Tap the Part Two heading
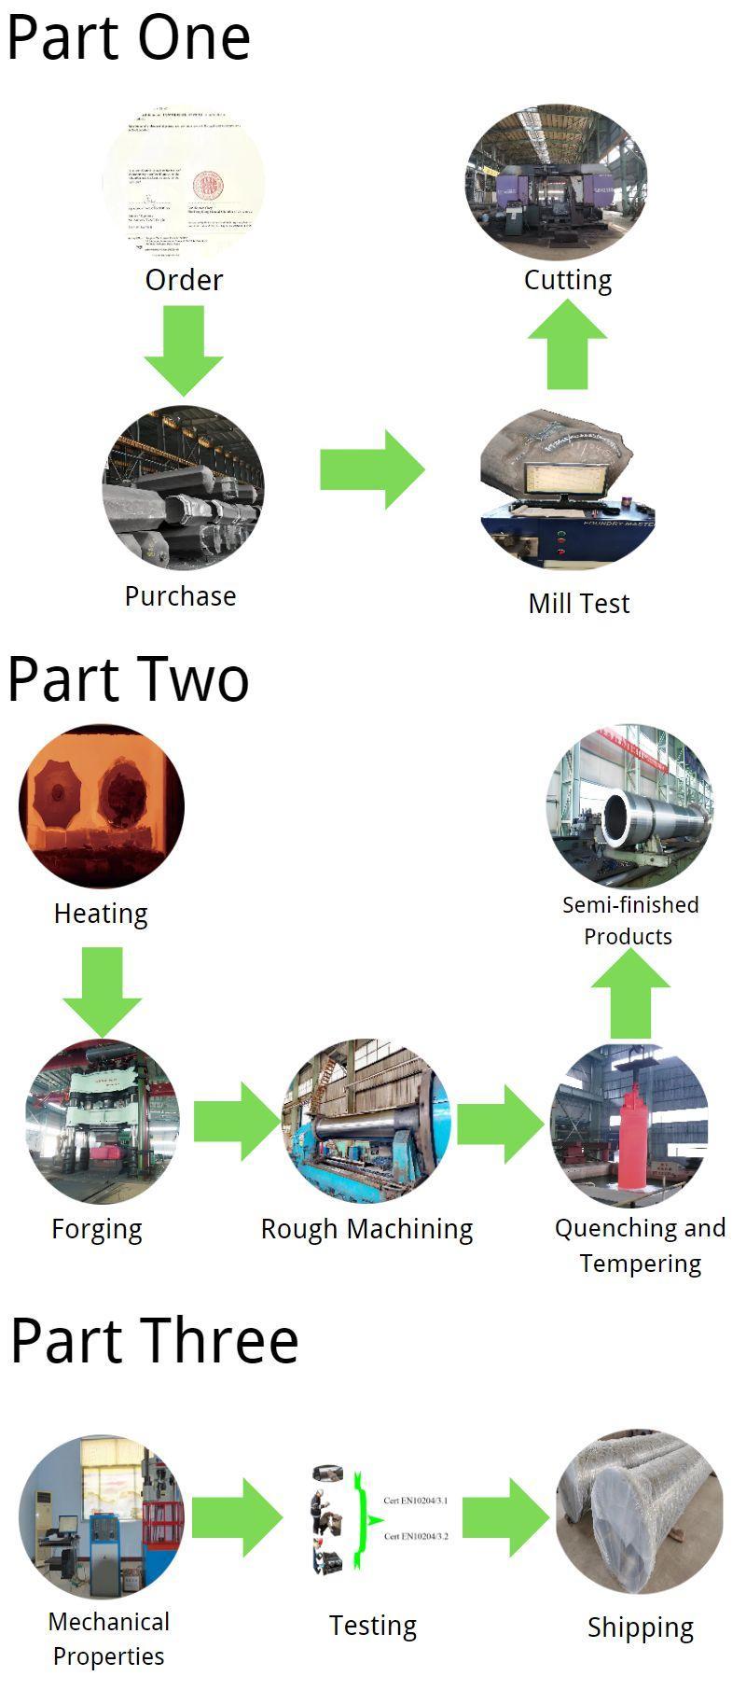[x=129, y=679]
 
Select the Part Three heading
[x=154, y=1340]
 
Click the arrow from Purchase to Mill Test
[x=371, y=469]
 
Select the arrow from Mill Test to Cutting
[x=567, y=345]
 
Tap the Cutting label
[x=567, y=280]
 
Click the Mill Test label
[x=578, y=604]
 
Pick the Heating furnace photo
[x=101, y=804]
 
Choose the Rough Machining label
[x=366, y=1229]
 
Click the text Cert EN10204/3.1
[x=416, y=1501]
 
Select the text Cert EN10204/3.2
[x=416, y=1535]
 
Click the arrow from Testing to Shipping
[x=504, y=1517]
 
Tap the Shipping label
[x=641, y=1627]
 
